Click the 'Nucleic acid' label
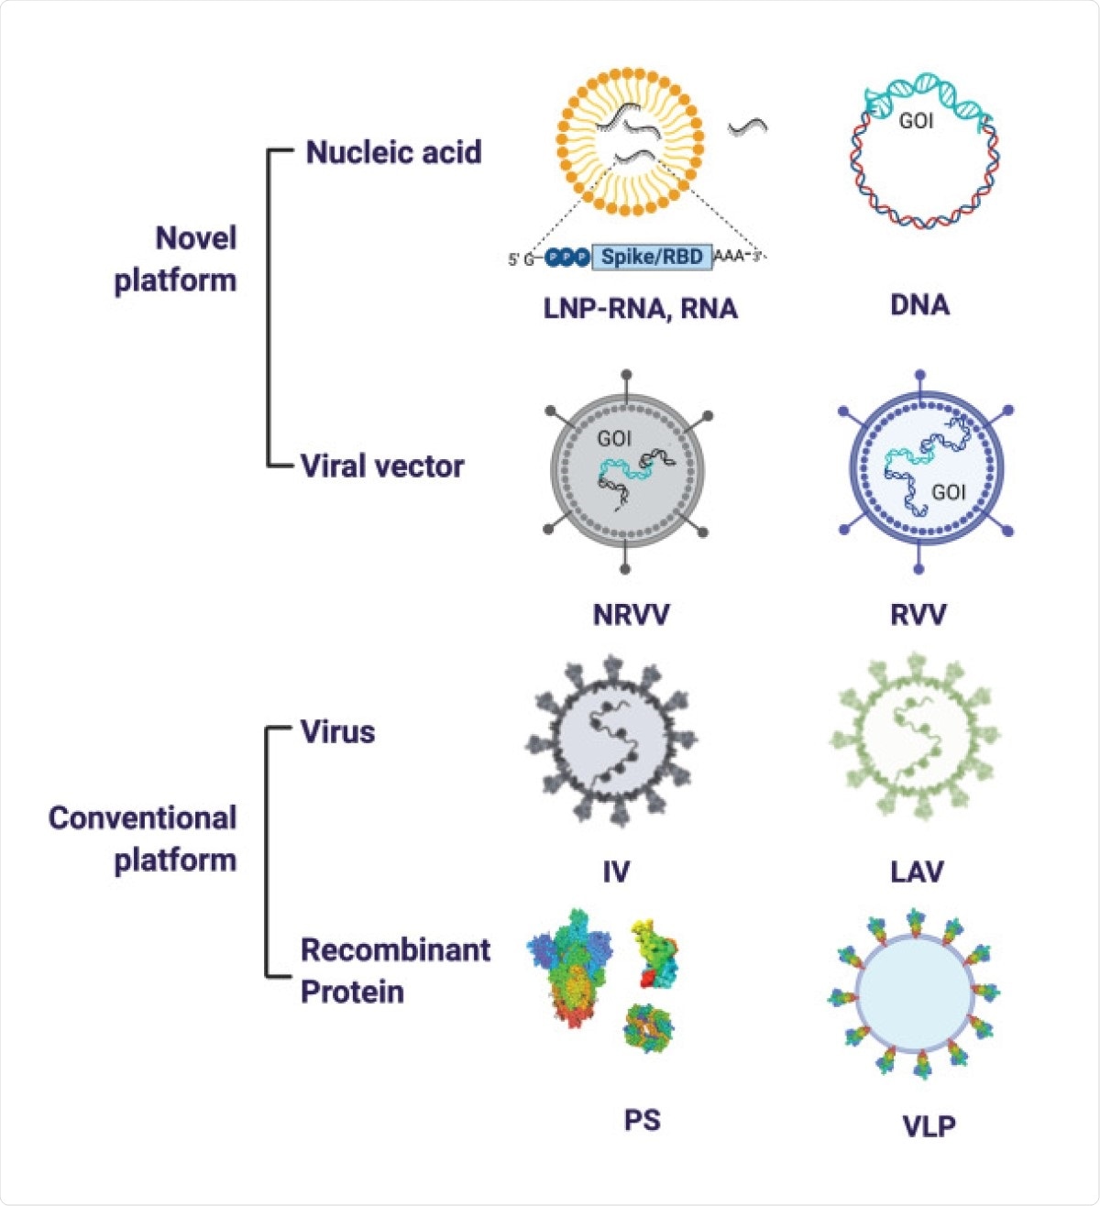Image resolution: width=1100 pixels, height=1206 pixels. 393,152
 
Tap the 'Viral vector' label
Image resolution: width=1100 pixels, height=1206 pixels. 382,466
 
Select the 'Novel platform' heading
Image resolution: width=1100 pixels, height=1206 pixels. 176,259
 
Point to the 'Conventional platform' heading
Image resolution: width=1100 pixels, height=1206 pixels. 143,839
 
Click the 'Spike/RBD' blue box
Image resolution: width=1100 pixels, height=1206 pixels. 652,258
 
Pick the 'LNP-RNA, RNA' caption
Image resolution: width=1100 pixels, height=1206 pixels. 640,308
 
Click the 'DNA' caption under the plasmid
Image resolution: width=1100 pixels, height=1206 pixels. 919,305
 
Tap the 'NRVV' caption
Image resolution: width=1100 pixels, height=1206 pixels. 631,613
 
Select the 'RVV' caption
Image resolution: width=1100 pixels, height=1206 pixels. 918,613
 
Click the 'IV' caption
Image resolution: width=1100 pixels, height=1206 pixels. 615,871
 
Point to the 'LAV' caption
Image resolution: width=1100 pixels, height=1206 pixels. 917,871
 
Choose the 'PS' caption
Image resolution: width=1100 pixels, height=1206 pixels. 642,1120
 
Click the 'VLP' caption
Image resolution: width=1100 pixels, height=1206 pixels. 929,1125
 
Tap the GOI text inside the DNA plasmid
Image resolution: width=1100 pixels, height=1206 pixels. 916,121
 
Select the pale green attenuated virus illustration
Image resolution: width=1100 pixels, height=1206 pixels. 915,738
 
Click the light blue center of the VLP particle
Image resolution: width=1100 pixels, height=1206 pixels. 914,992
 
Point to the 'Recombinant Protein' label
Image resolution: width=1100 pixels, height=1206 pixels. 395,970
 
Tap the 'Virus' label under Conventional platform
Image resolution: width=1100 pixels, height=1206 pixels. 338,732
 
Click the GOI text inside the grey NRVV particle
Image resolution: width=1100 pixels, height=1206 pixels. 613,439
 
